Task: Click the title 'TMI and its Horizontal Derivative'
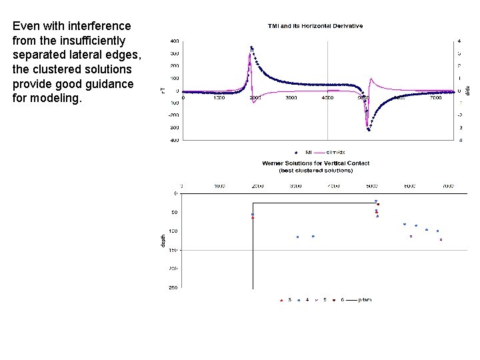point(315,26)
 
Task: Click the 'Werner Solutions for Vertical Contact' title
point(315,163)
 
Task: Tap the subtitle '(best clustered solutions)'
point(315,169)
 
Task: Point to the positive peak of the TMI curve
point(251,47)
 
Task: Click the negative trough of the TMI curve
point(369,129)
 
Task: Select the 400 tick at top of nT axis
point(174,41)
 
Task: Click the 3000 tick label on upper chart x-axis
point(291,97)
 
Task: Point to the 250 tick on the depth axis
point(173,288)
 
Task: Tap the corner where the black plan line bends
point(253,203)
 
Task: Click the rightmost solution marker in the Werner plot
point(441,239)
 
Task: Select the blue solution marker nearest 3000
point(297,237)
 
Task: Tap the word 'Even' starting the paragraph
point(26,26)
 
